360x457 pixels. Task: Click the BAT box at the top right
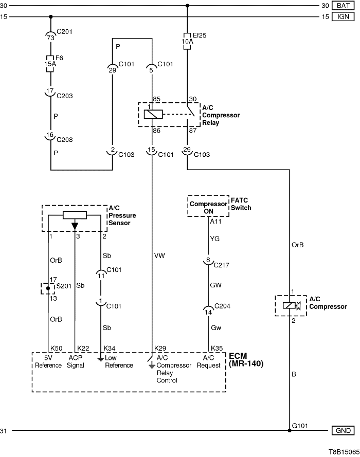(x=343, y=6)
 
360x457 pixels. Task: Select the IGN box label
(x=343, y=16)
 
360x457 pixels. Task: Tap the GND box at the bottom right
(x=343, y=430)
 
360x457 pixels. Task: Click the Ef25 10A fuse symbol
(x=187, y=41)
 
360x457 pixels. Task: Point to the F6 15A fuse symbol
(x=51, y=63)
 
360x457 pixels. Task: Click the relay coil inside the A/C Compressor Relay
(x=153, y=114)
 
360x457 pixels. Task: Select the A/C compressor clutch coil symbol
(x=290, y=305)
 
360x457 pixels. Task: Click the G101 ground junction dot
(x=290, y=430)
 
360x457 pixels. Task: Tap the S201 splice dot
(x=48, y=288)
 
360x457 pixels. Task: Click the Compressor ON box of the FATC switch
(x=208, y=206)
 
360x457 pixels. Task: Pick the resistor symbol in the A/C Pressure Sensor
(x=75, y=215)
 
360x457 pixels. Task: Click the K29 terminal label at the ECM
(x=160, y=348)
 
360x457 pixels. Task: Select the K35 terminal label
(x=217, y=348)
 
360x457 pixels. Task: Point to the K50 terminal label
(x=56, y=348)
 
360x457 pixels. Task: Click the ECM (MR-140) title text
(x=246, y=360)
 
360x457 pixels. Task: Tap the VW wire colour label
(x=159, y=255)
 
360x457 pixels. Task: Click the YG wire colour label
(x=215, y=239)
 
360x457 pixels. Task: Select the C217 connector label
(x=221, y=265)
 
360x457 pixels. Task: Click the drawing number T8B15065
(x=344, y=452)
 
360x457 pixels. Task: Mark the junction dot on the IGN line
(x=51, y=16)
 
